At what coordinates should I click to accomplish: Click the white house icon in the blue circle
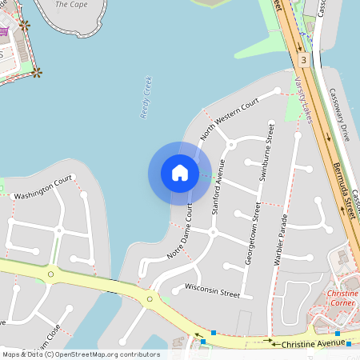(x=180, y=172)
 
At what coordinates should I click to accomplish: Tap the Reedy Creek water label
(x=146, y=98)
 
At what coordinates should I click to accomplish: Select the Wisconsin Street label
(x=212, y=290)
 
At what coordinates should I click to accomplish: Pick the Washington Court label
(x=43, y=188)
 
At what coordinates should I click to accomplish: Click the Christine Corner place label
(x=343, y=298)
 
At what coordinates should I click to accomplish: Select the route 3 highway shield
(x=303, y=60)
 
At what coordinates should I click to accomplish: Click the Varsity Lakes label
(x=302, y=100)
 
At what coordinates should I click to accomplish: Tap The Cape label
(x=72, y=4)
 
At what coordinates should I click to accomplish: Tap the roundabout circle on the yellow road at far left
(x=50, y=274)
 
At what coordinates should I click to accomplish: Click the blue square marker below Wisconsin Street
(x=214, y=332)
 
